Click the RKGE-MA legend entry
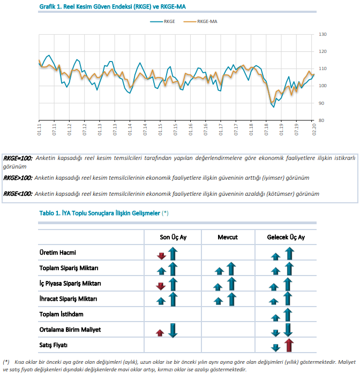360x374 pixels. click(200, 21)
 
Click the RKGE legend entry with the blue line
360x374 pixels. click(163, 21)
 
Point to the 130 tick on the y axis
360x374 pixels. click(322, 34)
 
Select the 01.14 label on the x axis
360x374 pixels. click(130, 129)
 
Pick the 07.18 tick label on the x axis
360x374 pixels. click(266, 129)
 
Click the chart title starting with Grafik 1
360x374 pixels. click(112, 6)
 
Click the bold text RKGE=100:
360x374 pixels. click(18, 158)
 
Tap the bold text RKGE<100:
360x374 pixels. click(18, 194)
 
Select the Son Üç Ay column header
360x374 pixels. click(173, 237)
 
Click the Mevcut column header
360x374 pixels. click(228, 237)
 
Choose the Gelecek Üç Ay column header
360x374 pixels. click(286, 237)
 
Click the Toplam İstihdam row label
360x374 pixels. click(62, 314)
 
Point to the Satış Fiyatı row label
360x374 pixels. click(53, 345)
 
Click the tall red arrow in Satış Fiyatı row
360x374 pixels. click(289, 345)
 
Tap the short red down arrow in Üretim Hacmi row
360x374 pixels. click(161, 256)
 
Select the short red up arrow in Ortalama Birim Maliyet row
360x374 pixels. click(160, 333)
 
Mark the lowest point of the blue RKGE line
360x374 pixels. click(274, 107)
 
